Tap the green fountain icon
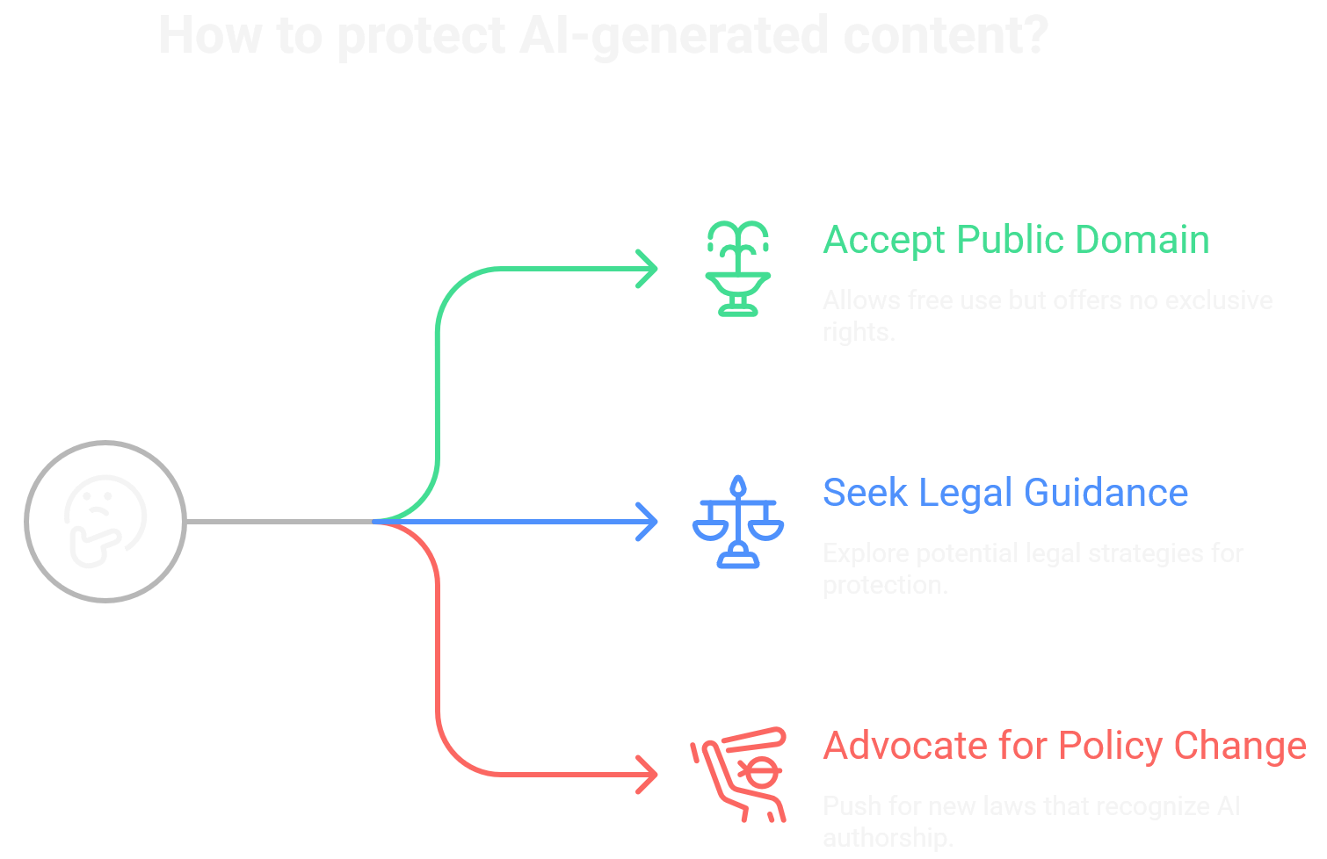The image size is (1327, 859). [x=737, y=269]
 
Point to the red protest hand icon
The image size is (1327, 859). [x=739, y=774]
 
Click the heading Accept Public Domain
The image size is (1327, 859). [x=1015, y=240]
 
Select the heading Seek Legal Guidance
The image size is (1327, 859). [x=1004, y=493]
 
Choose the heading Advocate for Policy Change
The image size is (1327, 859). [x=1064, y=746]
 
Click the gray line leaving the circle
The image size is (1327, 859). [x=279, y=522]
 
